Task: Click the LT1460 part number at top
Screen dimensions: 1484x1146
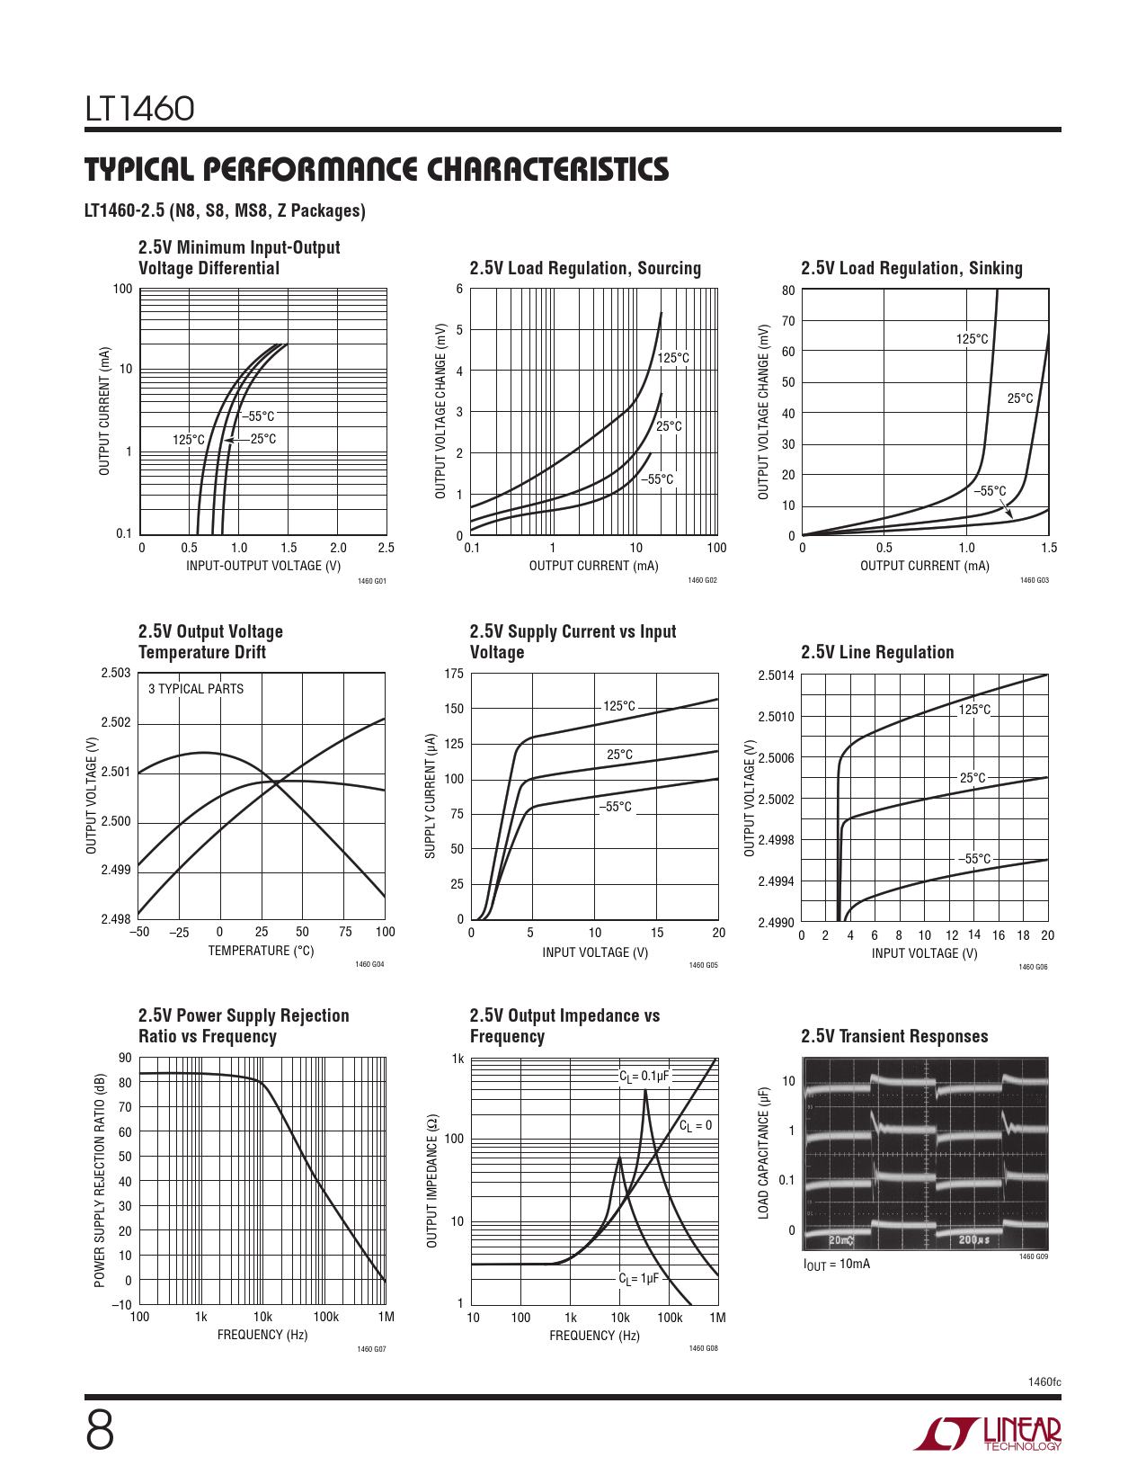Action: click(x=139, y=109)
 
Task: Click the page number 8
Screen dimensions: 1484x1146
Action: click(x=100, y=1431)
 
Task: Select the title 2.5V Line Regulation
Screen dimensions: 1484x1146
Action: click(x=877, y=652)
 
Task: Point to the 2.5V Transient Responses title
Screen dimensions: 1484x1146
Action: click(x=894, y=1036)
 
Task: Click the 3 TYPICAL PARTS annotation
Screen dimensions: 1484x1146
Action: click(x=196, y=689)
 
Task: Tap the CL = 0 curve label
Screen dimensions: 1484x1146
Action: click(x=695, y=1125)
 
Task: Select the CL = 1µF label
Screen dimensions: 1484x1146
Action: click(x=638, y=1278)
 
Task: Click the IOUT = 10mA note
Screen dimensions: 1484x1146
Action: click(x=836, y=1264)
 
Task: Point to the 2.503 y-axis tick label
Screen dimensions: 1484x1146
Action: click(x=116, y=673)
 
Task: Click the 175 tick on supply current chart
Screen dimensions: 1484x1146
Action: click(x=454, y=674)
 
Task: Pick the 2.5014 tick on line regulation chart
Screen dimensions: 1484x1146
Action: click(x=777, y=675)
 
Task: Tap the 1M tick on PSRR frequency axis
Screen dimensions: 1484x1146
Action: click(x=386, y=1317)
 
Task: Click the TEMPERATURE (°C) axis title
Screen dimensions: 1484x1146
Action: click(x=261, y=951)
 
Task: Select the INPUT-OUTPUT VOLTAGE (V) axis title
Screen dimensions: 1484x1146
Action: click(x=263, y=566)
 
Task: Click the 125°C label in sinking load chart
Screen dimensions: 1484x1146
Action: click(x=972, y=339)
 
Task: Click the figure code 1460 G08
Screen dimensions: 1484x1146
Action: click(x=703, y=1348)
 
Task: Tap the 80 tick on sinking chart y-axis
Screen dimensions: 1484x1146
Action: click(x=788, y=290)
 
